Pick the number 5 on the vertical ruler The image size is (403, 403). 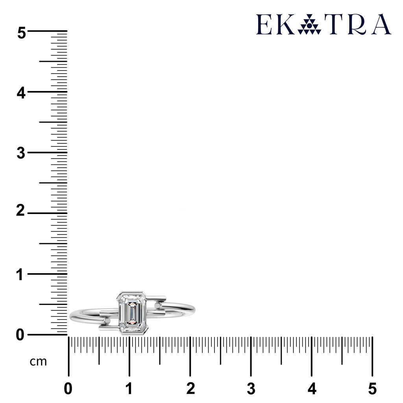[22, 33]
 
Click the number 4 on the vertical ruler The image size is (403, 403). [21, 93]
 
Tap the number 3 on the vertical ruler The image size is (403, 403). [21, 153]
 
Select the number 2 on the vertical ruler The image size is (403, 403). [20, 211]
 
